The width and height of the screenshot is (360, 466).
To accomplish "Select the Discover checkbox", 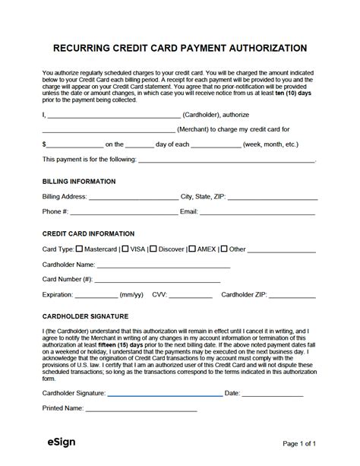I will point(153,249).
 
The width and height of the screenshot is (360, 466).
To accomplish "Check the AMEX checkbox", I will point(192,249).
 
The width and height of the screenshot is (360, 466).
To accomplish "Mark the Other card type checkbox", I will point(224,249).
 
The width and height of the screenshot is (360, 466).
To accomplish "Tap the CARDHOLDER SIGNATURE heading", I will point(85,315).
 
